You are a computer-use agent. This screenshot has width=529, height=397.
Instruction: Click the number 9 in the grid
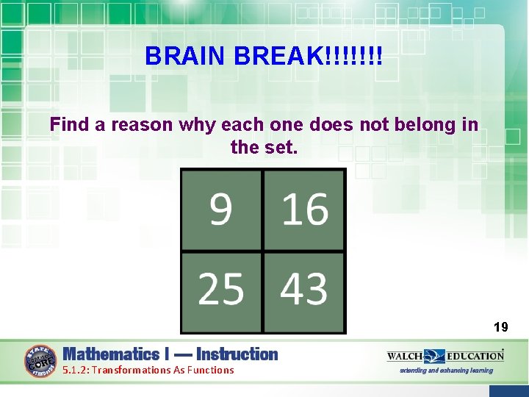[x=220, y=210]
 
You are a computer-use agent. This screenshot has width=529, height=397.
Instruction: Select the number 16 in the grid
[x=305, y=210]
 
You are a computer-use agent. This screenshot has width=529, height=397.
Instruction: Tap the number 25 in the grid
[x=220, y=289]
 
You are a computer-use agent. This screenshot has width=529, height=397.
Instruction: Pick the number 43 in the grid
[x=304, y=289]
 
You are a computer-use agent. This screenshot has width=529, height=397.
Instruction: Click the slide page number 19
[x=500, y=327]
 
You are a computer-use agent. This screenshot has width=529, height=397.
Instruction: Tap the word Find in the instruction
[x=70, y=125]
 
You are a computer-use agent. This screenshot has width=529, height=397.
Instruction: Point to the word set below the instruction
[x=282, y=147]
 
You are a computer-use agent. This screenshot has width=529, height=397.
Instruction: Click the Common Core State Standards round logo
[x=41, y=361]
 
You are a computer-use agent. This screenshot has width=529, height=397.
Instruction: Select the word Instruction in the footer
[x=237, y=354]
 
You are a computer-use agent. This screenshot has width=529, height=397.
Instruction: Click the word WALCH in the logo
[x=404, y=356]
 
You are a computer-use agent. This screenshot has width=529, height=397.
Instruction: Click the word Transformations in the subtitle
[x=134, y=370]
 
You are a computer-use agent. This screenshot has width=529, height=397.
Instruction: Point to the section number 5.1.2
[x=76, y=370]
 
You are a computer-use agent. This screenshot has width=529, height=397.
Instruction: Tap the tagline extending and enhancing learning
[x=446, y=371]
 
